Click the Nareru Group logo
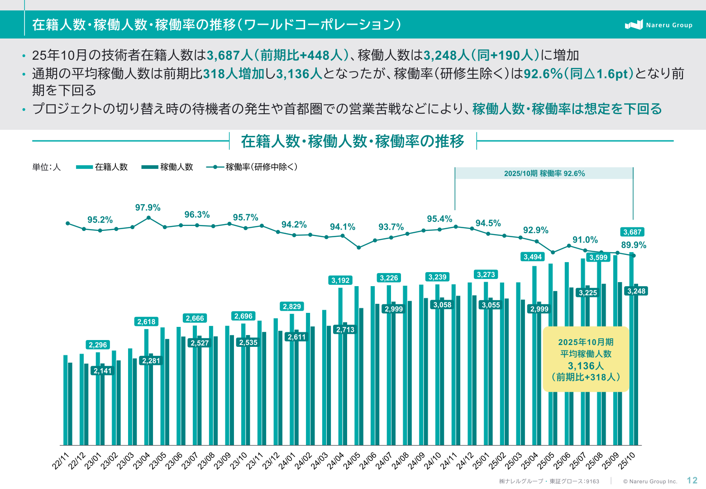[x=658, y=25]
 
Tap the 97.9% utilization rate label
[x=148, y=207]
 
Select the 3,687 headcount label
[x=632, y=232]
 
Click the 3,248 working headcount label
[x=636, y=291]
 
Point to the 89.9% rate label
[x=634, y=245]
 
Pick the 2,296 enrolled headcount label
[x=98, y=345]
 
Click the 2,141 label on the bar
[x=102, y=371]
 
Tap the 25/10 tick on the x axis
[x=627, y=461]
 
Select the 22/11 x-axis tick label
[x=61, y=461]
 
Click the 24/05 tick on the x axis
[x=352, y=461]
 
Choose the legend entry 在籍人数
[x=102, y=167]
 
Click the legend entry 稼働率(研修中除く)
[x=252, y=167]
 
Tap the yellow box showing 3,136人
[x=586, y=359]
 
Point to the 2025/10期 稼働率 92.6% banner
[x=544, y=173]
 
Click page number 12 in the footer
[x=692, y=480]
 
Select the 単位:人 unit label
[x=46, y=167]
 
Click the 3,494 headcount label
[x=533, y=257]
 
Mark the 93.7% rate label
[x=391, y=227]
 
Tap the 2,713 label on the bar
[x=345, y=330]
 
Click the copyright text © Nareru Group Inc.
[x=650, y=481]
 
